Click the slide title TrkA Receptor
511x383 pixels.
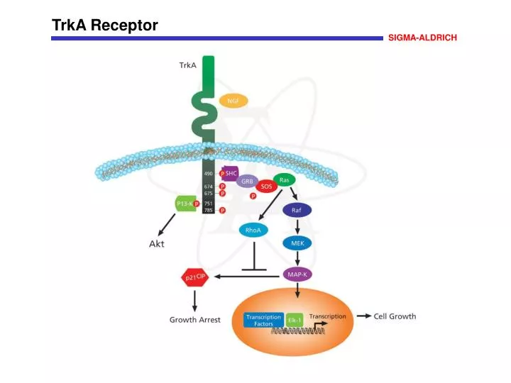click(x=105, y=26)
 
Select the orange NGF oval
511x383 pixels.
click(x=233, y=101)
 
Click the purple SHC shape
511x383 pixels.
click(x=230, y=173)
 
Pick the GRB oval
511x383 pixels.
click(x=247, y=182)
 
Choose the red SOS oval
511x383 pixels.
click(x=266, y=187)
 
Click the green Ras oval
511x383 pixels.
click(x=284, y=180)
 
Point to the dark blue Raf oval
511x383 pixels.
click(x=297, y=211)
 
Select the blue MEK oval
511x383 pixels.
click(x=297, y=243)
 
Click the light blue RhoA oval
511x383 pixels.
click(x=253, y=230)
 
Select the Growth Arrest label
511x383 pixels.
click(x=194, y=320)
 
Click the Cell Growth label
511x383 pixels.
click(x=395, y=316)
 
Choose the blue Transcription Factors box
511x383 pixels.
click(x=263, y=320)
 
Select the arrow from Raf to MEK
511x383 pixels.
click(x=297, y=226)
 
